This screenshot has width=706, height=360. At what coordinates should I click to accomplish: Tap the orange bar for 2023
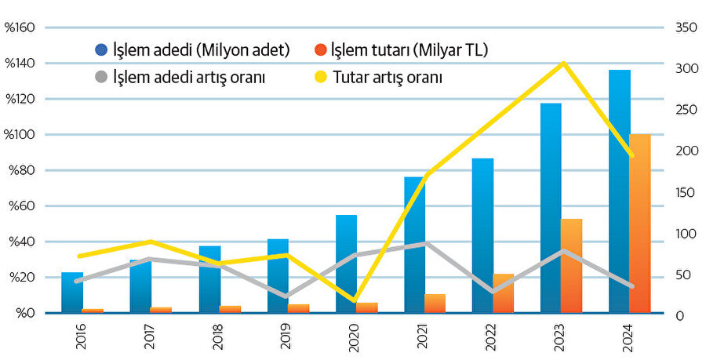[x=572, y=267]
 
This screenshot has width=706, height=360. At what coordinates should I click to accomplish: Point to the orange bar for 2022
[x=504, y=293]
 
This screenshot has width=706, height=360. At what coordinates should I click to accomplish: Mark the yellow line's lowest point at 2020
[x=354, y=300]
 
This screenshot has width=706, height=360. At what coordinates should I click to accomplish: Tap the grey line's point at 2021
[x=425, y=243]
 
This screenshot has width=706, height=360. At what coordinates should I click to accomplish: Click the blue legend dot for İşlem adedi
[x=101, y=51]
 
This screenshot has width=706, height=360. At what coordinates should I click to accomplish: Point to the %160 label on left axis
[x=20, y=28]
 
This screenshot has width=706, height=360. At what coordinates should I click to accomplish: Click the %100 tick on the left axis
[x=20, y=135]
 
